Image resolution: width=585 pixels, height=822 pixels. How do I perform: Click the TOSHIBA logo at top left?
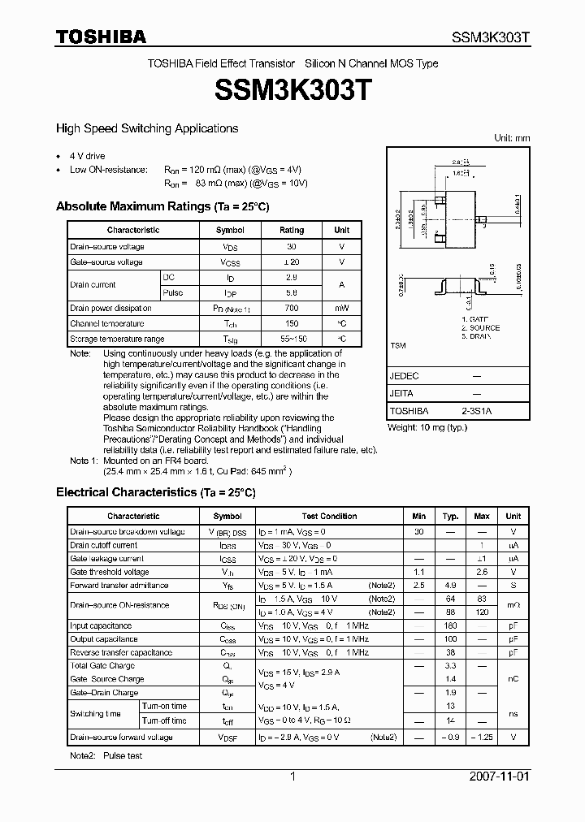(x=101, y=37)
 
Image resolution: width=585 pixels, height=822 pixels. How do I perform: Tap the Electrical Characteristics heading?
(x=155, y=492)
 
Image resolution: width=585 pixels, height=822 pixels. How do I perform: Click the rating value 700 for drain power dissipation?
(x=291, y=309)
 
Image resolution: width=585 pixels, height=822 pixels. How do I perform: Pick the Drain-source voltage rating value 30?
(x=291, y=247)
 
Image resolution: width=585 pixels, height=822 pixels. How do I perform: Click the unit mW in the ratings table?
(x=342, y=309)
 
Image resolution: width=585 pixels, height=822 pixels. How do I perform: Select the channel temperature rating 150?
(x=291, y=323)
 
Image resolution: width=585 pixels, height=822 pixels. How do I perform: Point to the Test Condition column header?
(x=329, y=517)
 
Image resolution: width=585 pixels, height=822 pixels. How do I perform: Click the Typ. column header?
(x=450, y=517)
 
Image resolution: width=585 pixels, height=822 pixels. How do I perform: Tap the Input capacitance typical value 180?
(x=450, y=626)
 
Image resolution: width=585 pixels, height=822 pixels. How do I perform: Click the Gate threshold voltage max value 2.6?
(x=482, y=572)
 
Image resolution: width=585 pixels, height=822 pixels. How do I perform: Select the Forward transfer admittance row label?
(x=119, y=586)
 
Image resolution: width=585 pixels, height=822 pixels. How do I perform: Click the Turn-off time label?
(x=164, y=720)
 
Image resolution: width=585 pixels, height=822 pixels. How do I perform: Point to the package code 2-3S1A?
(x=476, y=411)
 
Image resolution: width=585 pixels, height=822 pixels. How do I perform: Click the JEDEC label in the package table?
(x=404, y=376)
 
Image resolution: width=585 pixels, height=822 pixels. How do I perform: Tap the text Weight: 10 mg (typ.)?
(x=427, y=427)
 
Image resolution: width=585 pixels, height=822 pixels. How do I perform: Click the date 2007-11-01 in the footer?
(x=500, y=777)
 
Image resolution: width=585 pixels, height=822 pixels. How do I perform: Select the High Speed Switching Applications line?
(x=147, y=128)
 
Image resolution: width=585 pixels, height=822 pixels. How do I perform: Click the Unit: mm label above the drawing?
(x=512, y=138)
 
